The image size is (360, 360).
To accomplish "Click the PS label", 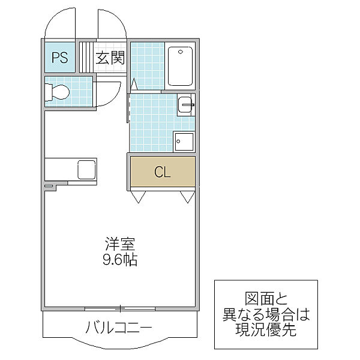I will tap(59, 58).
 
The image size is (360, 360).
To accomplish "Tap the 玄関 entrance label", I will tap(110, 58).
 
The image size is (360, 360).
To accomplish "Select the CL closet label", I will tap(163, 172).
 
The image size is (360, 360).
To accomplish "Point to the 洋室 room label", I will tap(120, 245).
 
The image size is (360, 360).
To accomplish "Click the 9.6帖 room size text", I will tap(120, 261).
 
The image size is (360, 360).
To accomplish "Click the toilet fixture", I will tap(58, 93).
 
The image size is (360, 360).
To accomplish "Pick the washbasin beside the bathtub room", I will tap(185, 106).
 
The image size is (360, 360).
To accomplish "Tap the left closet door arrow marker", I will tap(138, 196).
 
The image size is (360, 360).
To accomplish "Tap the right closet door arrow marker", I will tap(187, 196).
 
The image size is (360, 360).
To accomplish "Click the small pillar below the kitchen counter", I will tap(49, 188).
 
